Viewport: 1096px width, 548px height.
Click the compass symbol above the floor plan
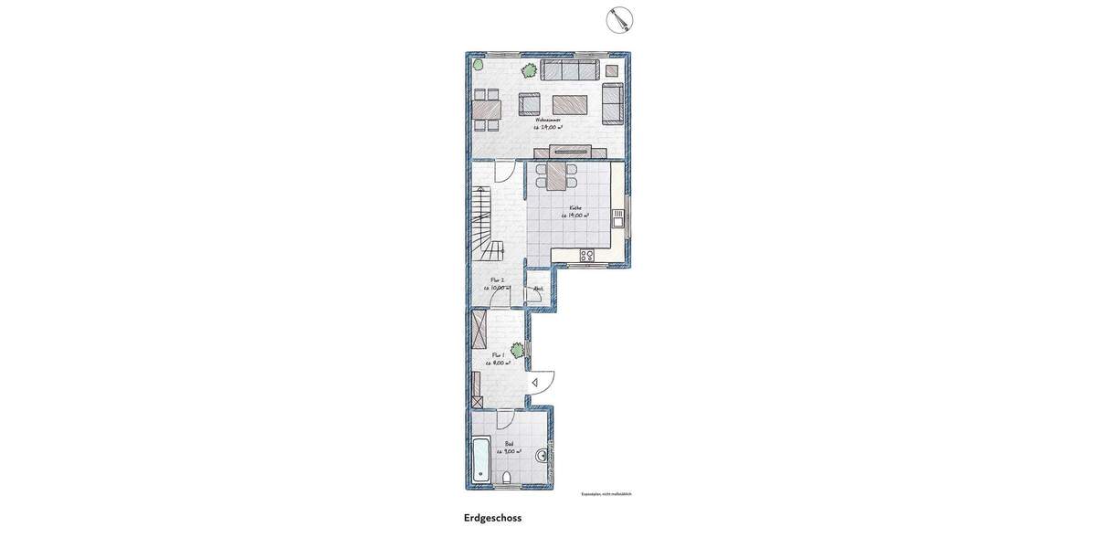pyautogui.click(x=620, y=19)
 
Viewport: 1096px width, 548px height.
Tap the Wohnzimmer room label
pyautogui.click(x=548, y=120)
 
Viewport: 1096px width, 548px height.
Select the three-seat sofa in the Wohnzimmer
pyautogui.click(x=570, y=70)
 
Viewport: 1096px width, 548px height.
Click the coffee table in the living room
pyautogui.click(x=570, y=104)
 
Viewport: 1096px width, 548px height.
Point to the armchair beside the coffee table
pyautogui.click(x=530, y=104)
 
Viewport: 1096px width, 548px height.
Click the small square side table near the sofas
pyautogui.click(x=612, y=70)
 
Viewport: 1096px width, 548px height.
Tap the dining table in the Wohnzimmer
pyautogui.click(x=487, y=111)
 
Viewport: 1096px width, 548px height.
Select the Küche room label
pyautogui.click(x=575, y=208)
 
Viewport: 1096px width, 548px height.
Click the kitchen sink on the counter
pyautogui.click(x=618, y=218)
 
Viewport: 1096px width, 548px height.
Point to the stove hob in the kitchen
pyautogui.click(x=587, y=256)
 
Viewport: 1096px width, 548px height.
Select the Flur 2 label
pyautogui.click(x=498, y=280)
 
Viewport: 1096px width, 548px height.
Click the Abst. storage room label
pyautogui.click(x=539, y=289)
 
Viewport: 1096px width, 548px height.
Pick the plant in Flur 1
pyautogui.click(x=518, y=349)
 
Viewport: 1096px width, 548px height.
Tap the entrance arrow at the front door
pyautogui.click(x=534, y=383)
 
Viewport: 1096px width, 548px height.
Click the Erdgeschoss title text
pyautogui.click(x=492, y=518)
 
